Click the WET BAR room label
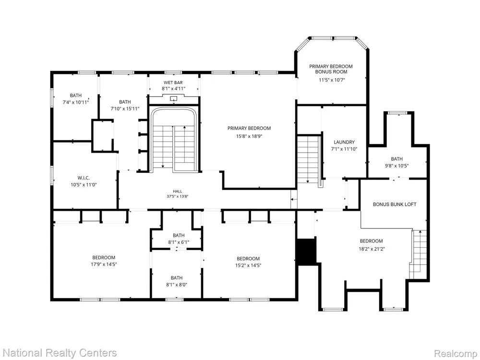173,83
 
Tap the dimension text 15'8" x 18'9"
249,136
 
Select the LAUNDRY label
344,142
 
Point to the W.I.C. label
84,178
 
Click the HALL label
178,192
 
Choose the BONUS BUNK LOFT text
395,204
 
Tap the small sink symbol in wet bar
174,98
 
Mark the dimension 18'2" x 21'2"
372,249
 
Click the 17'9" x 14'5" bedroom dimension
104,264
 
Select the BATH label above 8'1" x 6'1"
179,235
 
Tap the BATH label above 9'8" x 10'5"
397,159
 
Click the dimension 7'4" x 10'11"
76,103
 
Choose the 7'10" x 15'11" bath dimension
125,108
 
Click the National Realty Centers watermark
59,353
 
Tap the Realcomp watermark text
456,353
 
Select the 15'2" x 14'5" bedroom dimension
248,265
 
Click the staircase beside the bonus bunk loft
418,254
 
